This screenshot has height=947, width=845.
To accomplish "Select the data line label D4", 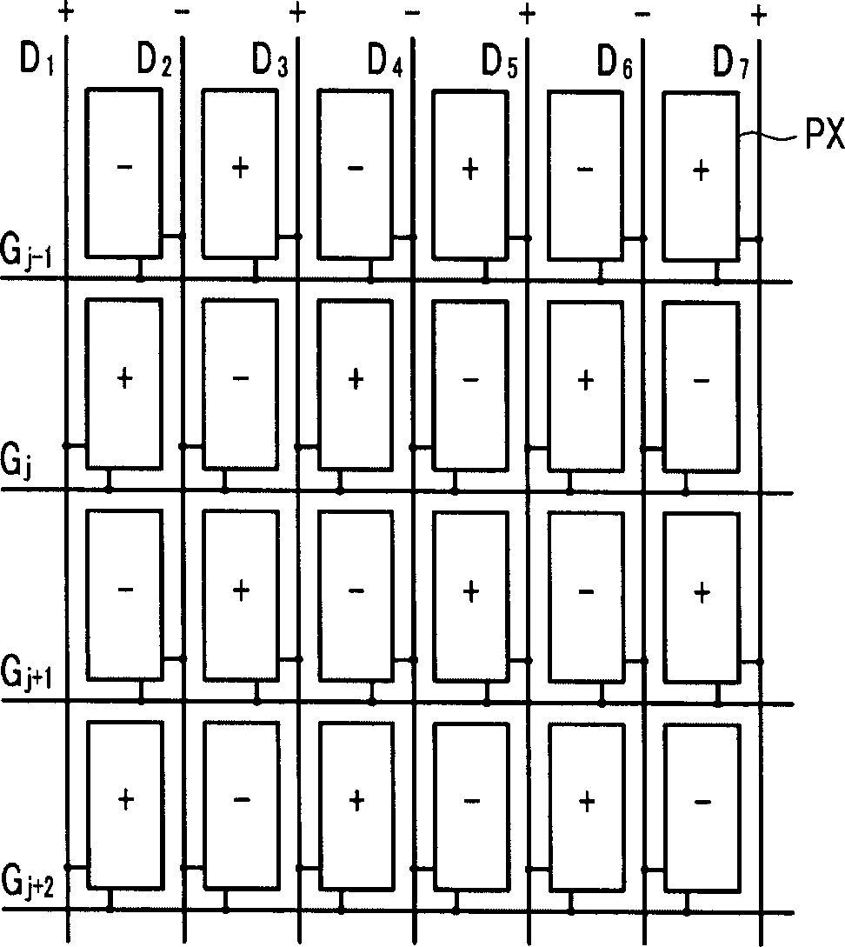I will [x=384, y=60].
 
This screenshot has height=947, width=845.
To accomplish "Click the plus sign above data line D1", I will [x=65, y=12].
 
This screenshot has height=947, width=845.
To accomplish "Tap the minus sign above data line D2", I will [x=182, y=12].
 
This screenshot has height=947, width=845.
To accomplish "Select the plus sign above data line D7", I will [x=759, y=14].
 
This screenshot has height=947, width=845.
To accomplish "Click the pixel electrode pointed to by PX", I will [x=701, y=174].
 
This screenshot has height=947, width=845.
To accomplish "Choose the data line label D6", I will [x=615, y=60].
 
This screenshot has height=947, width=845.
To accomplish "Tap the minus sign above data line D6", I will [x=642, y=13].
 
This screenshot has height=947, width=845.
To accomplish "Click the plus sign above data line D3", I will [x=297, y=13].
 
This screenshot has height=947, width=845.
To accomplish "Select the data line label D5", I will [x=500, y=60].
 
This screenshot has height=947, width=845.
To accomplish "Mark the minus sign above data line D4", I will [x=412, y=13].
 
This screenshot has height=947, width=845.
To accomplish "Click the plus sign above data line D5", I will [x=528, y=13].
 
